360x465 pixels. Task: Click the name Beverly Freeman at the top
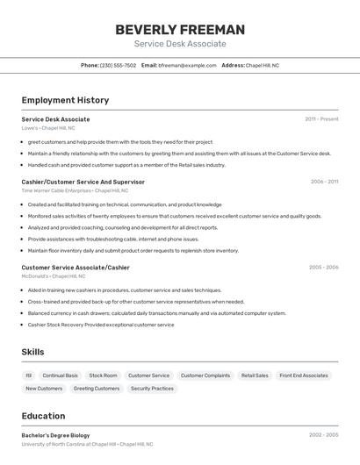180,29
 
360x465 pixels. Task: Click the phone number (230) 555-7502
118,65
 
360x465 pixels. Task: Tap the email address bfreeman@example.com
187,65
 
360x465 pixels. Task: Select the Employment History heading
65,100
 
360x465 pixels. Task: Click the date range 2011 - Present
321,118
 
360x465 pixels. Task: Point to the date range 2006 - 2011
324,182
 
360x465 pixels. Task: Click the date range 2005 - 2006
323,267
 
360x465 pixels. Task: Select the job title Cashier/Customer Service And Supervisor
83,182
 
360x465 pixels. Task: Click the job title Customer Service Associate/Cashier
75,267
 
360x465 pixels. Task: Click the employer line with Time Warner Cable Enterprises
75,190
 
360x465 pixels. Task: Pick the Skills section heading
33,352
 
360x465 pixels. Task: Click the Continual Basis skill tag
60,376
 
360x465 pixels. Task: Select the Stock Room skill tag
103,376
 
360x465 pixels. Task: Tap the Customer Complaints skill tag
205,376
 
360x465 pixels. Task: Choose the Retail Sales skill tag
255,376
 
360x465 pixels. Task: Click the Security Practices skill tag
152,388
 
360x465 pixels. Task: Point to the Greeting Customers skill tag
97,388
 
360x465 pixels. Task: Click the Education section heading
43,416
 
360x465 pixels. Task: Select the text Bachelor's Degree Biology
55,434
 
